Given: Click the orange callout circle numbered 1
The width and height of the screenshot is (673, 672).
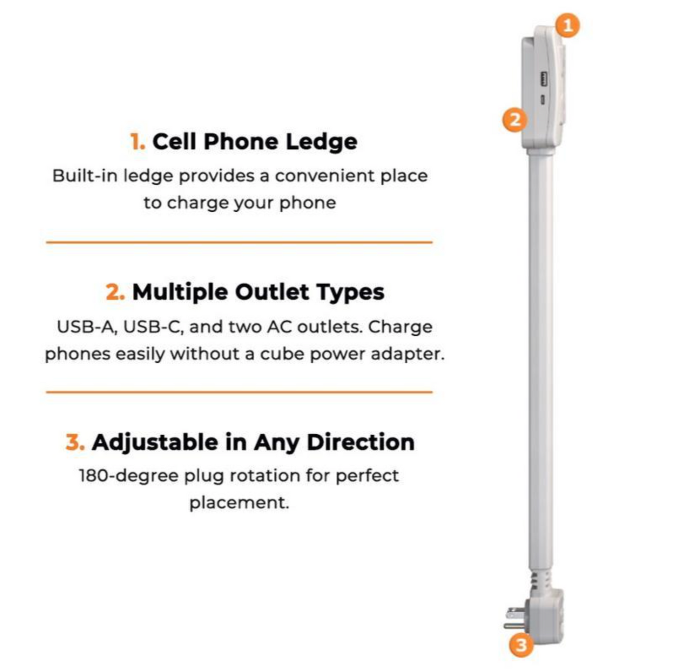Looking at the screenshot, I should tap(568, 25).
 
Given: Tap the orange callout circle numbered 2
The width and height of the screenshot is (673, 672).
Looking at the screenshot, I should tap(515, 120).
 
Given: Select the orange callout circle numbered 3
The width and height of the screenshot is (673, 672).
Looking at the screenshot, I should tap(521, 645).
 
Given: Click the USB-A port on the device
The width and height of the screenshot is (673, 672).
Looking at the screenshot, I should tap(544, 78).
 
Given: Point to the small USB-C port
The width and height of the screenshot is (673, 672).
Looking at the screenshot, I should tap(543, 99).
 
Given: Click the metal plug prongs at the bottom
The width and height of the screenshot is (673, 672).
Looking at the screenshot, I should tap(514, 619).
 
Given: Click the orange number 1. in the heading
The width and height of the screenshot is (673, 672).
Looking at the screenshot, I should tap(137, 142).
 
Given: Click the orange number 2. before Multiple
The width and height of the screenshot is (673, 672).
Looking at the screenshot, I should tap(115, 292).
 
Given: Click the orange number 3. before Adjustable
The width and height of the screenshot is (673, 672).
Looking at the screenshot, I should tap(75, 443).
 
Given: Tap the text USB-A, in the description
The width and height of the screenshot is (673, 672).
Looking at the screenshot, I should tap(87, 327).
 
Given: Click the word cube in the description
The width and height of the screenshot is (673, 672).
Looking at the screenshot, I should tap(281, 354).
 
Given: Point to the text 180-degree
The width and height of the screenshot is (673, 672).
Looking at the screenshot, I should tap(128, 476).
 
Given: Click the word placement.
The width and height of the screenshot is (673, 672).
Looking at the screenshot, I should tap(239, 503).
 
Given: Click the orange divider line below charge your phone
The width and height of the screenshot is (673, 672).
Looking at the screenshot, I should tap(239, 242).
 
